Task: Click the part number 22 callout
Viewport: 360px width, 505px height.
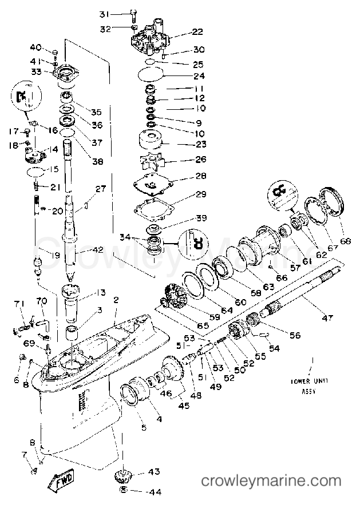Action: coord(181,32)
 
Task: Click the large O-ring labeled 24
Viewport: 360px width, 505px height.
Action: coord(151,74)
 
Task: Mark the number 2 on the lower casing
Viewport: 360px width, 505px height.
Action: coord(116,300)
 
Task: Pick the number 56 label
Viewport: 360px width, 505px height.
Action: coord(295,336)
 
